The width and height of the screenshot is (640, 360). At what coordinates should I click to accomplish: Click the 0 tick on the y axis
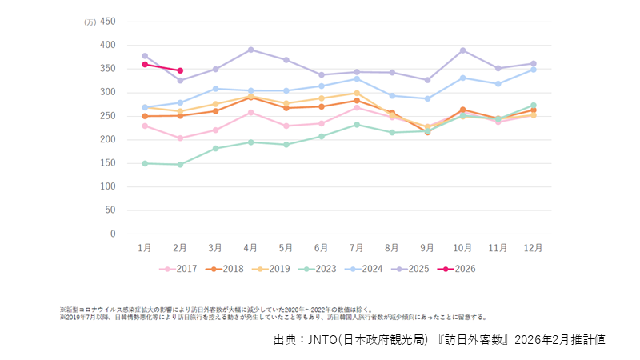click(x=113, y=234)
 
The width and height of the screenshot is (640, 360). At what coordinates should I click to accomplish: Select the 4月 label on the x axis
click(x=250, y=249)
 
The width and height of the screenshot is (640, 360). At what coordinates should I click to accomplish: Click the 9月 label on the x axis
click(x=428, y=249)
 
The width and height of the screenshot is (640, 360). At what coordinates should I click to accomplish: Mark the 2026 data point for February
click(x=180, y=70)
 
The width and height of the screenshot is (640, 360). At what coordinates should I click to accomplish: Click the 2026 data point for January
click(x=144, y=64)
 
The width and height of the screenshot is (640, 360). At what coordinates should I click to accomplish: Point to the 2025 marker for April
click(x=250, y=50)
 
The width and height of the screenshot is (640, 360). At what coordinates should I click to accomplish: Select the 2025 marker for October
click(x=462, y=50)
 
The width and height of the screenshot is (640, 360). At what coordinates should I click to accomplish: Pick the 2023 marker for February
click(x=180, y=165)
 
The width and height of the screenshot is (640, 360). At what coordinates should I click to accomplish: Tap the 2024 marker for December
click(x=534, y=70)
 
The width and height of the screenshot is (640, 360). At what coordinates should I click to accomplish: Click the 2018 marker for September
click(x=427, y=132)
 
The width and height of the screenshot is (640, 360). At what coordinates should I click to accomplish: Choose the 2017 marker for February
click(x=180, y=138)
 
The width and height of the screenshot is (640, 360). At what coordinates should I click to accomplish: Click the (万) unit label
click(x=90, y=22)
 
